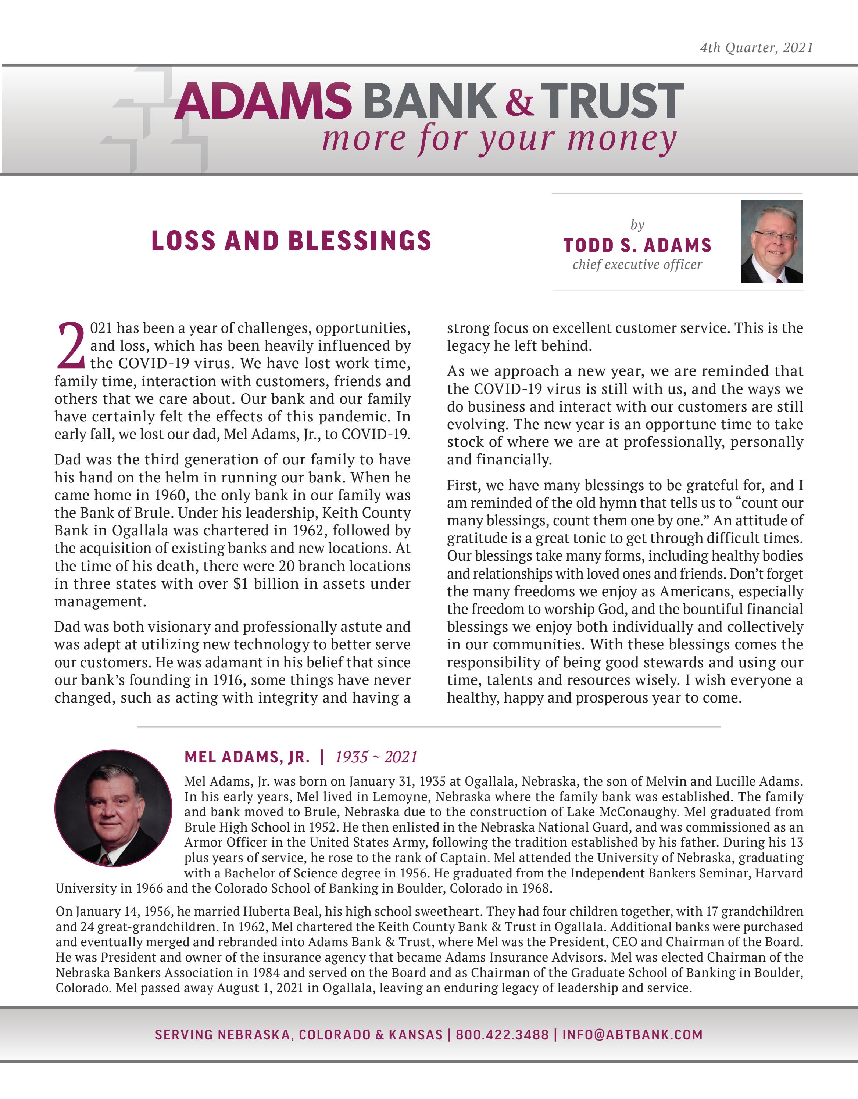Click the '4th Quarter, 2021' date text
756,48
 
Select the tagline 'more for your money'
498,139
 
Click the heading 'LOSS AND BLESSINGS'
291,241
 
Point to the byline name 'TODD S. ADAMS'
637,245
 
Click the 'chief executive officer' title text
637,265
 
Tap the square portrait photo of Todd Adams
771,241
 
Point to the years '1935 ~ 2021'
376,757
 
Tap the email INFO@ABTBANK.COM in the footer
632,1035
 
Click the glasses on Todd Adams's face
775,236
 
